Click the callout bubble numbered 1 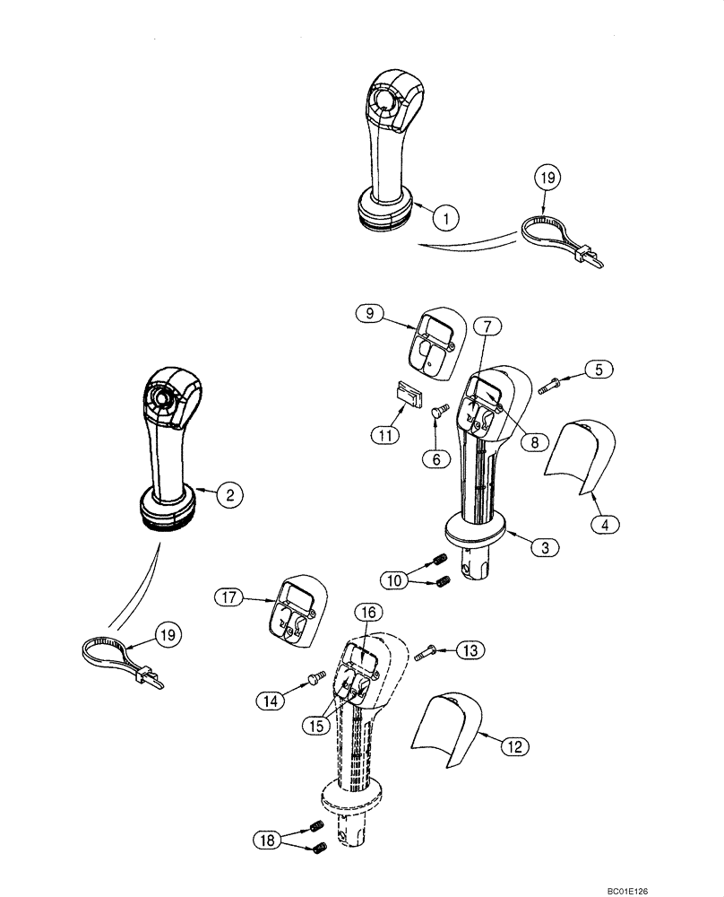click(x=446, y=215)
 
